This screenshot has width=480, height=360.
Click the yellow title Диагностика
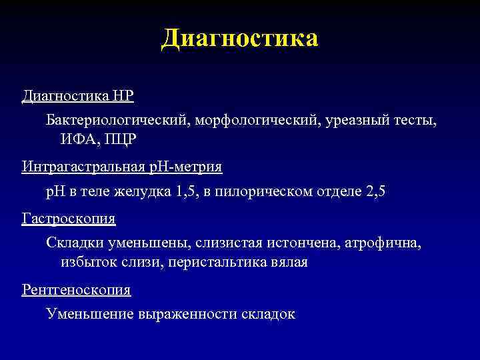(x=240, y=38)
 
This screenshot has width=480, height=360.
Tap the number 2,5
(x=376, y=192)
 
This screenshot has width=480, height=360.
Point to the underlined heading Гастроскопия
(x=69, y=219)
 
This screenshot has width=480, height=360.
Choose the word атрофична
(x=383, y=243)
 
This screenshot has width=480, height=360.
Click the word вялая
(x=289, y=262)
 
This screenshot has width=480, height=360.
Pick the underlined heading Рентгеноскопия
(x=77, y=290)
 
